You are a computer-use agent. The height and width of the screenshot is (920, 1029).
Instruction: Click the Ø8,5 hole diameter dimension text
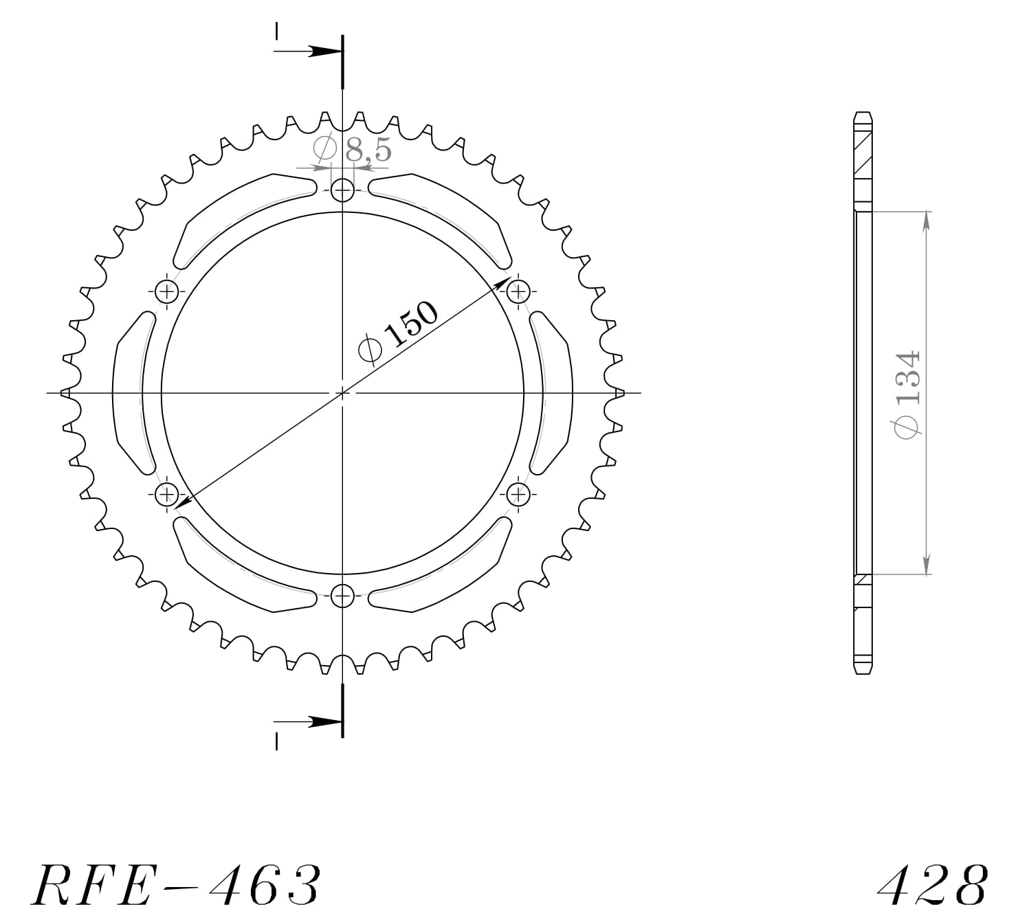tap(352, 149)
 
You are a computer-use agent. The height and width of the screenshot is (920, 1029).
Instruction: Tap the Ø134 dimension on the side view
tap(907, 392)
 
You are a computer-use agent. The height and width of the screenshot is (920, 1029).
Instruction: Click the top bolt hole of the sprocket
tap(342, 190)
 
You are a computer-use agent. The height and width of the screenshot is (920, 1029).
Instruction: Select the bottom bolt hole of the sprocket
tap(342, 595)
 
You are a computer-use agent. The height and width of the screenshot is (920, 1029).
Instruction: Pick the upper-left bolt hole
tap(166, 292)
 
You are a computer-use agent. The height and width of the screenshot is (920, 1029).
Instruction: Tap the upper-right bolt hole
tap(518, 292)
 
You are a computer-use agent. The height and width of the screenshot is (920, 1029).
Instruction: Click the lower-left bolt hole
tap(166, 493)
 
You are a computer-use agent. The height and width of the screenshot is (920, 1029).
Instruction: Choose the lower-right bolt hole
tap(518, 493)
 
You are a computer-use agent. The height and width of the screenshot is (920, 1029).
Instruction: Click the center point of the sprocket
tap(342, 392)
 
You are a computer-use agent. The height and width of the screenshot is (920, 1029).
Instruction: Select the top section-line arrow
tap(320, 52)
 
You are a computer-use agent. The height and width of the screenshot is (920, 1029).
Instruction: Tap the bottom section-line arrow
tap(320, 721)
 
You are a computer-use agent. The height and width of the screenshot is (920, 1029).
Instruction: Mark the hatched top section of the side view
tap(863, 161)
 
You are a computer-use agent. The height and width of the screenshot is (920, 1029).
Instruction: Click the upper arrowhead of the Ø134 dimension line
tap(927, 220)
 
